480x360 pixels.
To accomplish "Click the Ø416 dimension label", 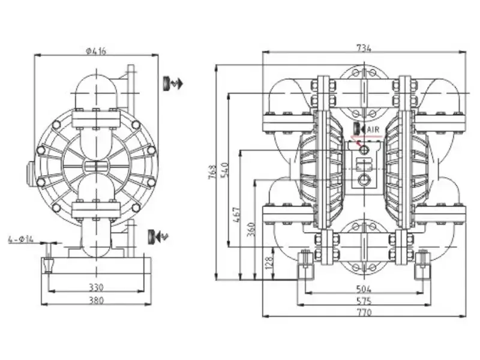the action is [96, 51].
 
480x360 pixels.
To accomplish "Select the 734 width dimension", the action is [364, 48].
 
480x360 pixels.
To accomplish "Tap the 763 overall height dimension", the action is [212, 172].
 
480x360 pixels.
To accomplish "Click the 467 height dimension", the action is [236, 215].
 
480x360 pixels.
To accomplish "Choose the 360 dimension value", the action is [251, 229].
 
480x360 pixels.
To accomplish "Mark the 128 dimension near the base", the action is [268, 263].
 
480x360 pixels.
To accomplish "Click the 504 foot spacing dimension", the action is [364, 289].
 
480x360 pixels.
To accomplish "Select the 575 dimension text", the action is [364, 301].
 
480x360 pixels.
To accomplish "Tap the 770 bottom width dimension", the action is [364, 312].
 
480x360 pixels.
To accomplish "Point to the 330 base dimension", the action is [96, 287].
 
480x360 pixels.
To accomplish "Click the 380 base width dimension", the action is [96, 300].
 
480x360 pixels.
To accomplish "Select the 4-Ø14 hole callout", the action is [21, 239].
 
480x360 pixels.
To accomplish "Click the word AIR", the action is [373, 130].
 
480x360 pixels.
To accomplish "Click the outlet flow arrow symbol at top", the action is [172, 83].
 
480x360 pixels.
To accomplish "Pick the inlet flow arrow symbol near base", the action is [158, 236].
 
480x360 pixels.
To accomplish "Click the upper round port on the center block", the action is [364, 149].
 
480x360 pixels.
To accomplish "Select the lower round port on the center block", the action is [364, 178].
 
